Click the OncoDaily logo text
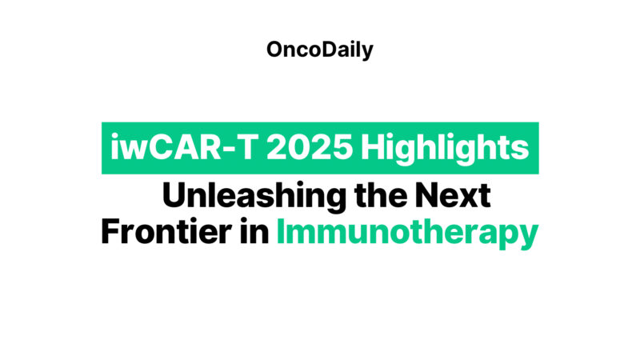(319, 50)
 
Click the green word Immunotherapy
(406, 234)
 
